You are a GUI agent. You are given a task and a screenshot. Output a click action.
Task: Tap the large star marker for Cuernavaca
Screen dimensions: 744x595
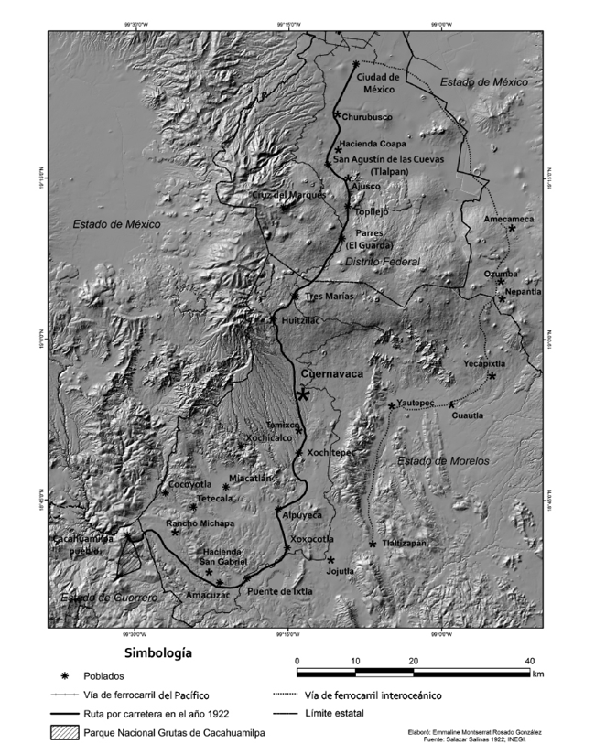point(303,394)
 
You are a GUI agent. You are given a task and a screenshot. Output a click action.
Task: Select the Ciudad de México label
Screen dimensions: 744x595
point(377,83)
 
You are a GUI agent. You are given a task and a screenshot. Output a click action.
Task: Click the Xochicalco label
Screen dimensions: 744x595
point(269,437)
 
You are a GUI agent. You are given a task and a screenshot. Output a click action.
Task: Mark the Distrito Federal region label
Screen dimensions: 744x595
point(382,262)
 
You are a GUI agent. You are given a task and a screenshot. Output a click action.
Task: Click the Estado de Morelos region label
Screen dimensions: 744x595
point(443,460)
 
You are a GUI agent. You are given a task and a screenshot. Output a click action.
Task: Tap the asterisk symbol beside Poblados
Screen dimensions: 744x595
point(63,677)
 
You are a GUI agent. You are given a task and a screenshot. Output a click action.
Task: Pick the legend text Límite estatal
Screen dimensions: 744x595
point(338,713)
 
